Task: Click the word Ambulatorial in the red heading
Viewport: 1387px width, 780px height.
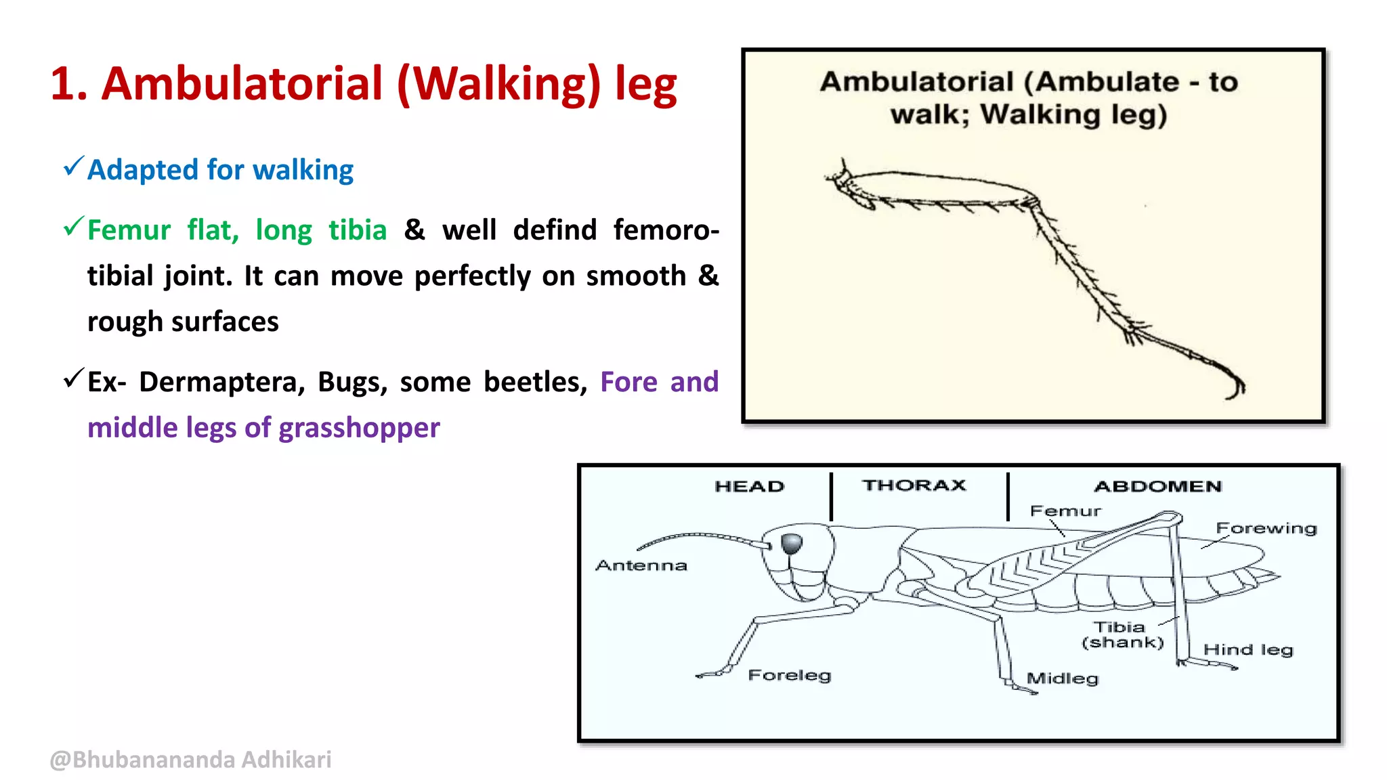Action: coord(242,84)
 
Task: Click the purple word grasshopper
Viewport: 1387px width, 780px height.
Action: coord(359,428)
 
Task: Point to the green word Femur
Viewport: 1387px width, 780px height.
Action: coord(129,230)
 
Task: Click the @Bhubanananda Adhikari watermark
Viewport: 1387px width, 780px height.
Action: coord(190,760)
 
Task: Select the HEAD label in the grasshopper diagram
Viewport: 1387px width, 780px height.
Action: coord(749,486)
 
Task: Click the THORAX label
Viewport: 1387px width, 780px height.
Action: coord(914,485)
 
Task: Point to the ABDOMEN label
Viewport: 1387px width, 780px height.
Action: coord(1157,486)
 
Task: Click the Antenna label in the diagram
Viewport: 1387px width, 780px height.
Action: coord(641,565)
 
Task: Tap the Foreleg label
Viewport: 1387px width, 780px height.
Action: coord(789,675)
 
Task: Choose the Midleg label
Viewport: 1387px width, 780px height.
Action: coord(1062,678)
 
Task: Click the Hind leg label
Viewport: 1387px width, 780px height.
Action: coord(1247,650)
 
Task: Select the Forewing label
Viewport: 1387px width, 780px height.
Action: coord(1266,528)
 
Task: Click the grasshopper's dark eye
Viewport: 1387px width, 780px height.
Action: coord(792,543)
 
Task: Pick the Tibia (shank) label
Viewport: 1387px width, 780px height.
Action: coord(1122,634)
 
